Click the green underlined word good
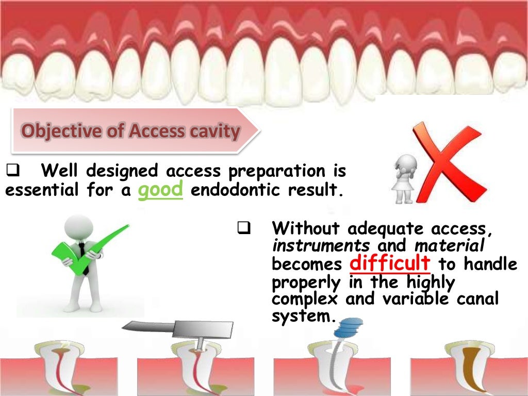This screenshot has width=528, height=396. (x=161, y=190)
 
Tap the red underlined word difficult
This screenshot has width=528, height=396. (x=390, y=263)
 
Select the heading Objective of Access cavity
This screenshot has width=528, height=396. (x=130, y=131)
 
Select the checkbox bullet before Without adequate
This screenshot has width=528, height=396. (x=244, y=227)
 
